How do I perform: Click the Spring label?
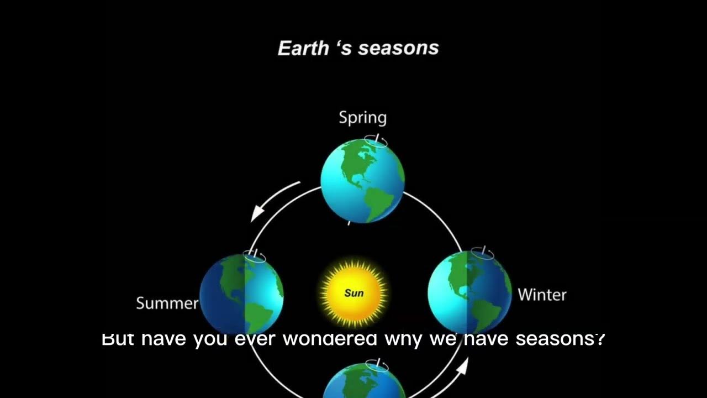click(x=362, y=118)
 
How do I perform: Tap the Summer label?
click(x=167, y=303)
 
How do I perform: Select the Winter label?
click(x=542, y=295)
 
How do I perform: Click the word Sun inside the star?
click(x=354, y=292)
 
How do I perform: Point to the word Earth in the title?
click(x=303, y=48)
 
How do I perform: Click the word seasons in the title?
click(x=398, y=48)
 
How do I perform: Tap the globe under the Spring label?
click(x=362, y=181)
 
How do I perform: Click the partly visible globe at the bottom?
click(x=363, y=384)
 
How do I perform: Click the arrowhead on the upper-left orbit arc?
click(x=257, y=213)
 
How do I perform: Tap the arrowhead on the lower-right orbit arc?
click(x=463, y=366)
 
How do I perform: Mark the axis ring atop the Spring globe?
click(x=376, y=141)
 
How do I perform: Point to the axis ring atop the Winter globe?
click(x=483, y=253)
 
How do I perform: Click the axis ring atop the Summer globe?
click(x=255, y=256)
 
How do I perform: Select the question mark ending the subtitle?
click(x=600, y=338)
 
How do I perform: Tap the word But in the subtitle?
click(x=118, y=338)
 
